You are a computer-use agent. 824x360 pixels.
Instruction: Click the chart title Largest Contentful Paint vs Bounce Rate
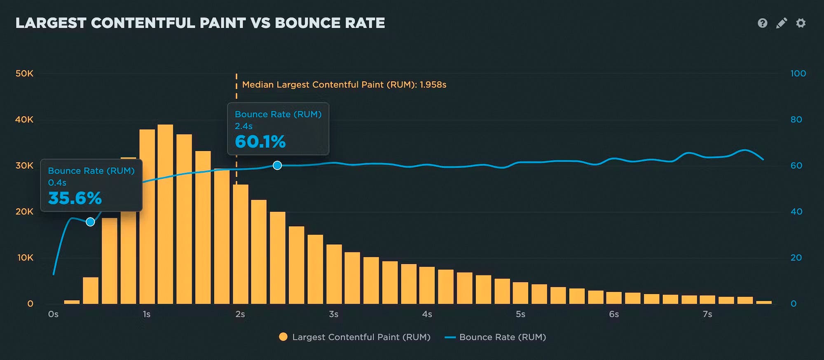[200, 23]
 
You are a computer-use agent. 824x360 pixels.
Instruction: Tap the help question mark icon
[762, 23]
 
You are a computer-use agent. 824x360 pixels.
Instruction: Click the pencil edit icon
[781, 23]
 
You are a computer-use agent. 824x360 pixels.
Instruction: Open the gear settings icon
[801, 23]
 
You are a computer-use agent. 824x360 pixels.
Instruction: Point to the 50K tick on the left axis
[24, 74]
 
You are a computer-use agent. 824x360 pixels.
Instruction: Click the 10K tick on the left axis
[25, 258]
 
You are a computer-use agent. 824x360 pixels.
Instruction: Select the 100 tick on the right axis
[798, 74]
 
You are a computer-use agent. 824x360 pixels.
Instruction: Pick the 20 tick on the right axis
[796, 258]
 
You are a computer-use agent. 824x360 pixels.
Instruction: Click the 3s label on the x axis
[333, 314]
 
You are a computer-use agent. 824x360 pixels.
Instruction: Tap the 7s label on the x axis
[707, 314]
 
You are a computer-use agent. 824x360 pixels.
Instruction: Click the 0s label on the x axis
[53, 314]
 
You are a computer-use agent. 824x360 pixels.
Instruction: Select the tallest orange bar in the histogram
[165, 214]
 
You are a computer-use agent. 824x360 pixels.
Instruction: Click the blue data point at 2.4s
[277, 165]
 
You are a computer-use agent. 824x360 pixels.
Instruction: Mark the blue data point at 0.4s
[90, 222]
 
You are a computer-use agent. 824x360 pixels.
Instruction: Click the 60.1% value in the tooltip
[260, 142]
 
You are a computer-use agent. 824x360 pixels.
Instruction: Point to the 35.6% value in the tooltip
[75, 198]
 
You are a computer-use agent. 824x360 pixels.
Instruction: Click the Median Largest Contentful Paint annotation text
[344, 85]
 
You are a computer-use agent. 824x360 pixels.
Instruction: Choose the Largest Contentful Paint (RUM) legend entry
[354, 337]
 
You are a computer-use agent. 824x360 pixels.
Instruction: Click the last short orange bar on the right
[764, 302]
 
